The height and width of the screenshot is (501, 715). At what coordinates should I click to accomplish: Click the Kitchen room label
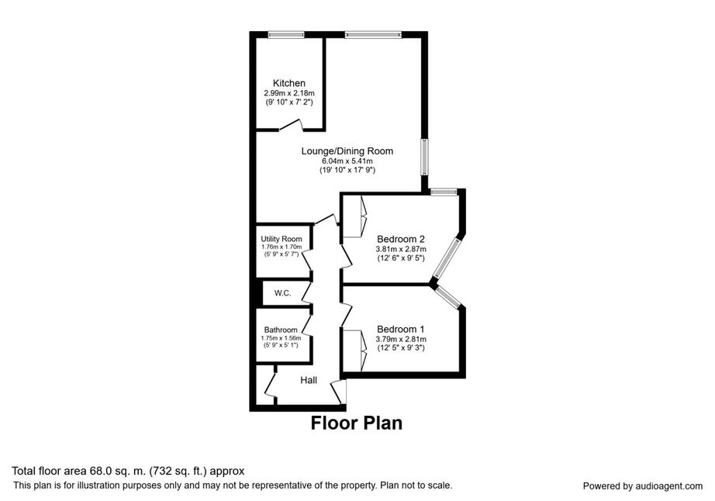click(x=288, y=83)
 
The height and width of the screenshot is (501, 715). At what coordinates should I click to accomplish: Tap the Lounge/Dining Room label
click(x=347, y=150)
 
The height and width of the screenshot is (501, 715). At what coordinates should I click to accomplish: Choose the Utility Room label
click(x=281, y=239)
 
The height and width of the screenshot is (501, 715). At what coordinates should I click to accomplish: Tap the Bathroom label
click(x=280, y=330)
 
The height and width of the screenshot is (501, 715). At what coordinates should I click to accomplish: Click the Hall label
click(x=309, y=380)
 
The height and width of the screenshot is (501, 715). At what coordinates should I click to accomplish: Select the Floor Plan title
click(x=357, y=423)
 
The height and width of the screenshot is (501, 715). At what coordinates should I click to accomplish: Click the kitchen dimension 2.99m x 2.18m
click(x=288, y=93)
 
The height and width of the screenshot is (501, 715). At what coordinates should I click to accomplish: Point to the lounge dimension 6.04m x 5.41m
click(x=347, y=161)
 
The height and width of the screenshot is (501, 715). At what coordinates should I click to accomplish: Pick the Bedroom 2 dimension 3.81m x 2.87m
click(x=401, y=248)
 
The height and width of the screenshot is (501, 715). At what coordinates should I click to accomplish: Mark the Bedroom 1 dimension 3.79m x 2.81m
click(x=401, y=339)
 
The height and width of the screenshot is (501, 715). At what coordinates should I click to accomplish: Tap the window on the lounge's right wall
click(x=424, y=157)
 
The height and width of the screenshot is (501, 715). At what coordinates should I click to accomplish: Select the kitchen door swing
click(x=291, y=125)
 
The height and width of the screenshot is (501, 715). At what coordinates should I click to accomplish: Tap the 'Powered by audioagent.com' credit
click(x=643, y=486)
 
